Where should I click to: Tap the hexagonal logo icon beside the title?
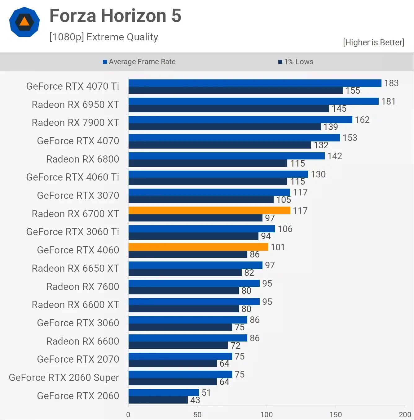click(x=24, y=22)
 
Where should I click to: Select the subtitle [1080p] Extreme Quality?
click(x=104, y=37)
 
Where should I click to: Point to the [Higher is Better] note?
click(x=373, y=42)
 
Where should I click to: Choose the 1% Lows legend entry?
click(x=296, y=62)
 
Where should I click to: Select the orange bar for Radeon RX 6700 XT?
click(x=209, y=210)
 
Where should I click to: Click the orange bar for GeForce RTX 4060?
click(x=198, y=247)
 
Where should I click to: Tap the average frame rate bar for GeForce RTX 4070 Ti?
click(x=255, y=83)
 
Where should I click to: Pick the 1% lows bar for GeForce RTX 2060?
click(x=158, y=400)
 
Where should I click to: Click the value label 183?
click(x=391, y=83)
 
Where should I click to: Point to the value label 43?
click(x=195, y=400)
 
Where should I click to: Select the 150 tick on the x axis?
click(x=336, y=414)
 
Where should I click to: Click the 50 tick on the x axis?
click(x=197, y=414)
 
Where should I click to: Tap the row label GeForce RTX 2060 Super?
click(x=64, y=378)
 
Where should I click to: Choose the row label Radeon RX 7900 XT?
click(x=75, y=123)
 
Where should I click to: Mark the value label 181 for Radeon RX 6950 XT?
click(x=388, y=101)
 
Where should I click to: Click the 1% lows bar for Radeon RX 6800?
click(x=208, y=163)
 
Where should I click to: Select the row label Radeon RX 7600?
click(x=82, y=287)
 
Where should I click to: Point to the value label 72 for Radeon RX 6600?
click(x=236, y=346)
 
